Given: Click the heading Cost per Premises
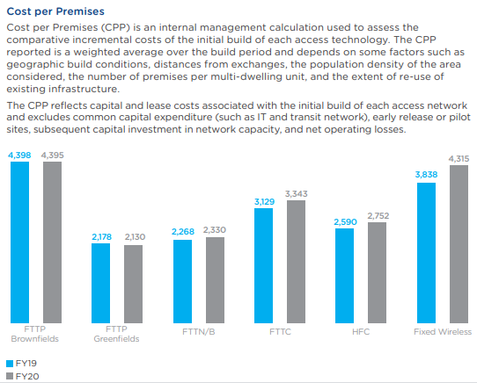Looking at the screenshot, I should click(x=55, y=12).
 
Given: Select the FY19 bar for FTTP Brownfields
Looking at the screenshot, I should click(x=20, y=242).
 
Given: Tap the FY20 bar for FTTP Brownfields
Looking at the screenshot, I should click(x=53, y=242).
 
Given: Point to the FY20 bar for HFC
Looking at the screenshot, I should click(x=377, y=271).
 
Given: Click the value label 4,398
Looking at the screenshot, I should click(x=19, y=155).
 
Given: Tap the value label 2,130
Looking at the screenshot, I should click(x=135, y=237).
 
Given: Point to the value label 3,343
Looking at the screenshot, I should click(x=297, y=193).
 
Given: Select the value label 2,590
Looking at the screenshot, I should click(x=345, y=222).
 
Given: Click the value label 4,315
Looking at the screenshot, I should click(x=459, y=158).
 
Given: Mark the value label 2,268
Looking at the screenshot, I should click(x=182, y=233).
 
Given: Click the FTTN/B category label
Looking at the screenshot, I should click(x=199, y=332).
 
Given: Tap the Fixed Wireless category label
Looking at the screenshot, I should click(x=443, y=332).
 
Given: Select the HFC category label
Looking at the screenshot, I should click(x=361, y=332).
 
